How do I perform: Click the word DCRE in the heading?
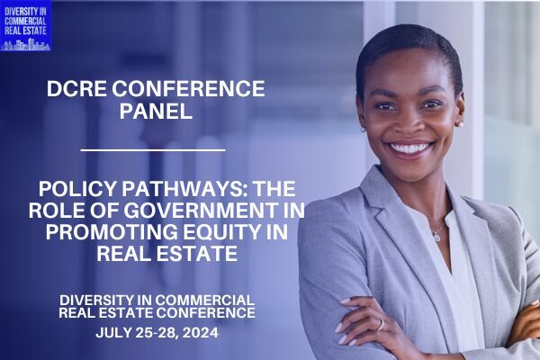coord(76,89)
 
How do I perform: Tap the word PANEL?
coord(156,112)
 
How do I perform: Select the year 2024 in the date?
coord(201,333)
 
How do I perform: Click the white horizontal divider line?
coord(153,150)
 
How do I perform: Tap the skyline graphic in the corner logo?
coord(25,45)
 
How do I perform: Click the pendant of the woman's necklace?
coord(436,237)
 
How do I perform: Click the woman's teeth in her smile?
coord(409,148)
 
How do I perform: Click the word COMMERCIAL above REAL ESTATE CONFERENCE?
coord(205,300)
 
